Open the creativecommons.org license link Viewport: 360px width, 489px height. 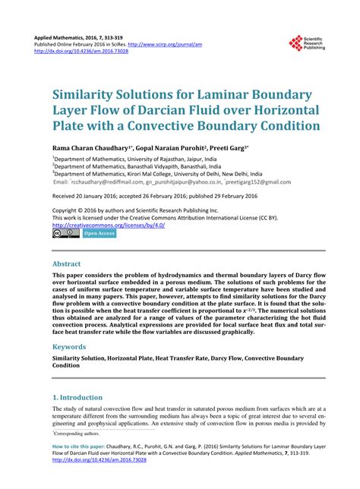pos(109,226)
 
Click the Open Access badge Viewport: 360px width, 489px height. pos(99,235)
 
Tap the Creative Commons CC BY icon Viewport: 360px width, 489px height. pos(62,235)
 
